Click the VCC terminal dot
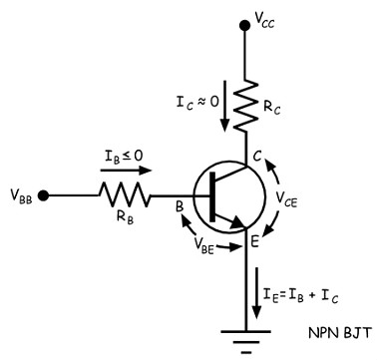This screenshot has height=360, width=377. point(245,25)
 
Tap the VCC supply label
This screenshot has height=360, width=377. point(264,21)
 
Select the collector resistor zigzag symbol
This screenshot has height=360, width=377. point(245,106)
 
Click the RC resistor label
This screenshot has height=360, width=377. point(271,108)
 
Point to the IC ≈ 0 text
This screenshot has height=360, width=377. point(197,102)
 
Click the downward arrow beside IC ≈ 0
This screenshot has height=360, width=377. point(224,106)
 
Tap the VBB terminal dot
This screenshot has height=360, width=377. point(43,195)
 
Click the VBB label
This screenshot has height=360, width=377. point(21,196)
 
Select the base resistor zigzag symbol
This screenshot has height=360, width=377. point(125,195)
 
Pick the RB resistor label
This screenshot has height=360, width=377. point(125,217)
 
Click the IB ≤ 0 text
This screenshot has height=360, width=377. point(124,157)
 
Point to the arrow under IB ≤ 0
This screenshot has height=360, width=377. point(126,171)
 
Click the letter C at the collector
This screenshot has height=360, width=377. point(256,156)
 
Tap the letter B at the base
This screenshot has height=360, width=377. point(180,207)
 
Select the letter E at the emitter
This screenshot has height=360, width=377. point(254,242)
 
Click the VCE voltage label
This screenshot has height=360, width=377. point(286,199)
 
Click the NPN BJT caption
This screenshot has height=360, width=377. point(339,333)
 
